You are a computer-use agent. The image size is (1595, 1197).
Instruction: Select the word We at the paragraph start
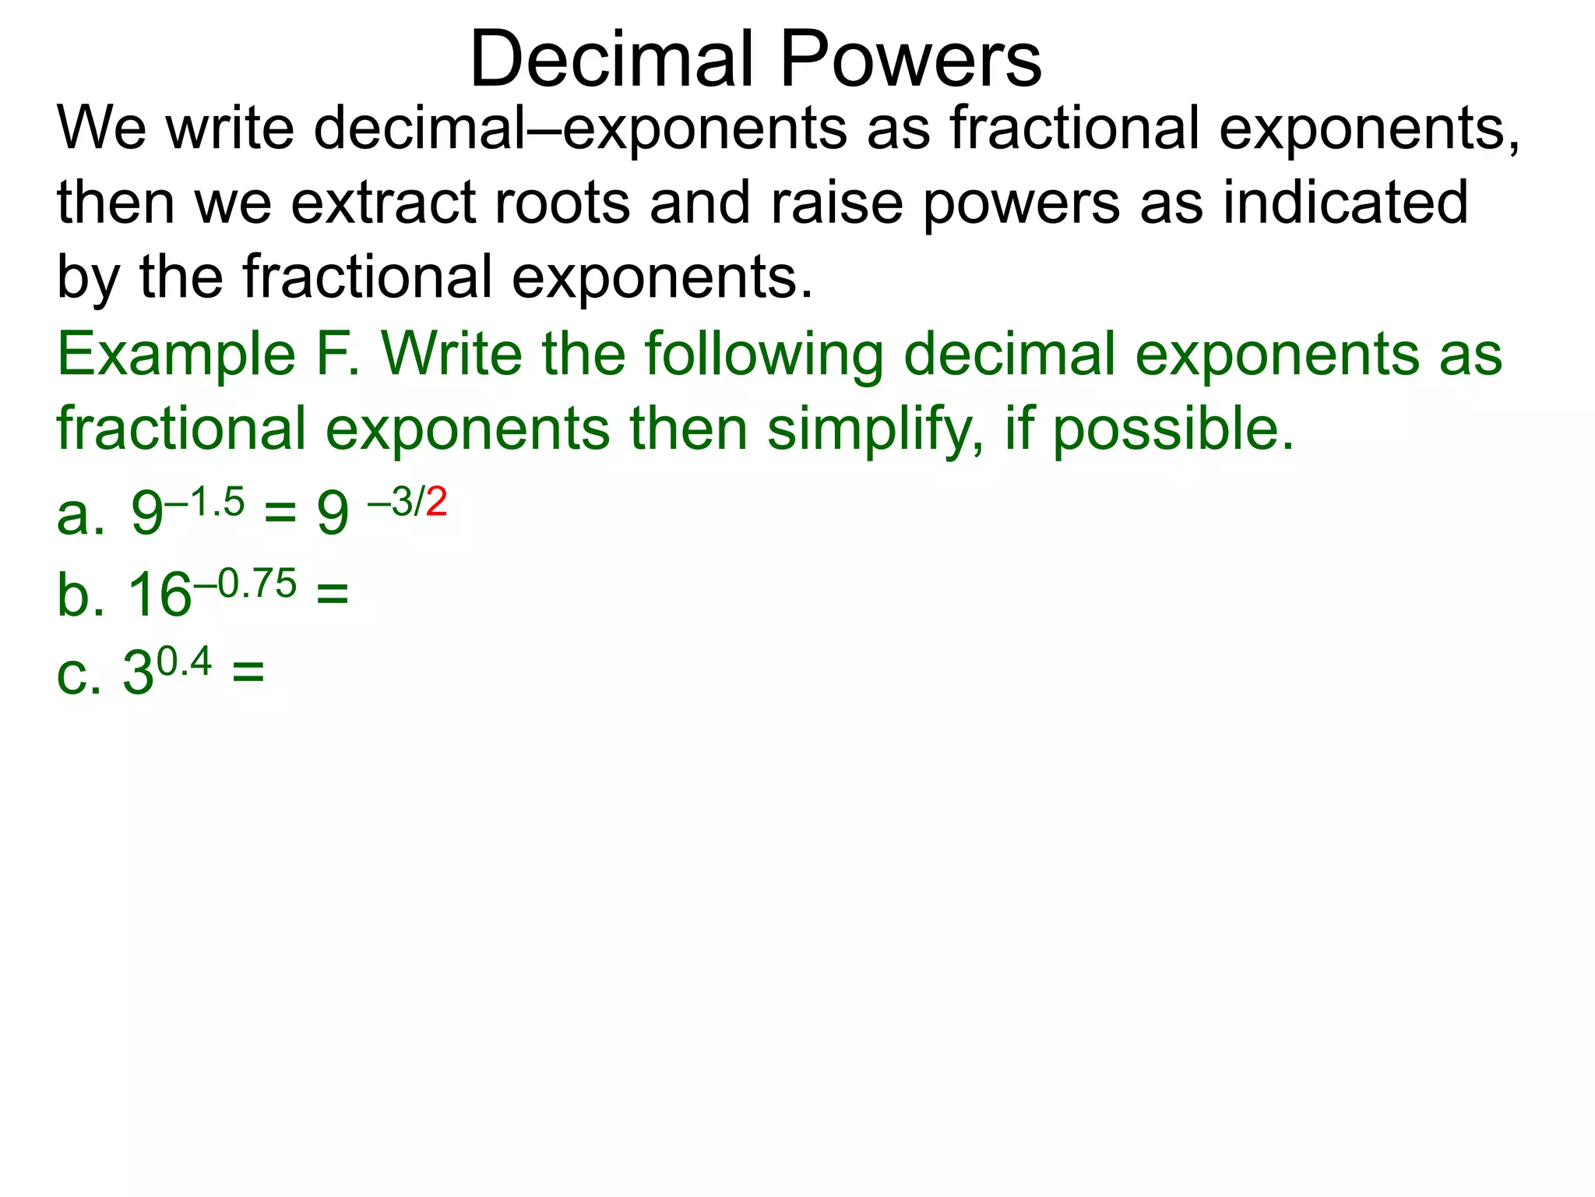pyautogui.click(x=101, y=128)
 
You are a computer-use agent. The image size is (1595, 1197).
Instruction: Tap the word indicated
pyautogui.click(x=1345, y=203)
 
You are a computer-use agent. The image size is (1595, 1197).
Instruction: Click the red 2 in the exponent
pyautogui.click(x=436, y=502)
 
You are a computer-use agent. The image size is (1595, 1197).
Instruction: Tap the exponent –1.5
pyautogui.click(x=205, y=502)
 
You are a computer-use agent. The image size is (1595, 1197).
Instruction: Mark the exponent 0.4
pyautogui.click(x=184, y=663)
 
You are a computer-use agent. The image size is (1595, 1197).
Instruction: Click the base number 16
pyautogui.click(x=159, y=597)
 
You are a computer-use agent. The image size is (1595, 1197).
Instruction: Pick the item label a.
pyautogui.click(x=80, y=516)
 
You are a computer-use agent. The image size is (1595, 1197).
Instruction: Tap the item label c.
pyautogui.click(x=79, y=674)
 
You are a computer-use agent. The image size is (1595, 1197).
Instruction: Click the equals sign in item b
pyautogui.click(x=333, y=595)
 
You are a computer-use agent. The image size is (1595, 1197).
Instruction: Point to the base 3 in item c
pyautogui.click(x=138, y=674)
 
